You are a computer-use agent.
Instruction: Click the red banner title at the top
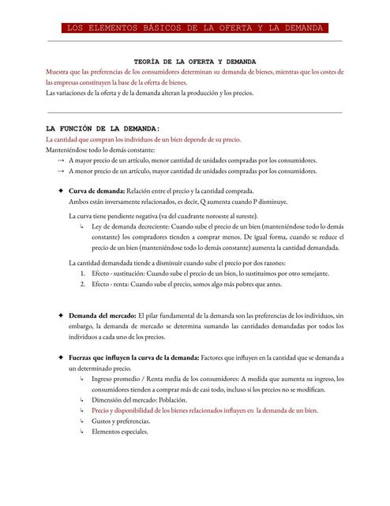tap(195, 28)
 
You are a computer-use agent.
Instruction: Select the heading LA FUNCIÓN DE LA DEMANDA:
tap(103, 127)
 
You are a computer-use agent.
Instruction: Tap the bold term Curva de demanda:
tap(96, 191)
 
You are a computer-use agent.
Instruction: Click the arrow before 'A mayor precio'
tap(61, 160)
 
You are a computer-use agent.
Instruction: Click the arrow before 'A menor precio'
tap(61, 171)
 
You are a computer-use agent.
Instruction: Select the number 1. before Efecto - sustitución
tap(83, 273)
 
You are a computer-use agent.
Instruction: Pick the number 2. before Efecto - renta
tap(83, 283)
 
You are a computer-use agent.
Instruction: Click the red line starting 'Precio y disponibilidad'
tap(204, 411)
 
